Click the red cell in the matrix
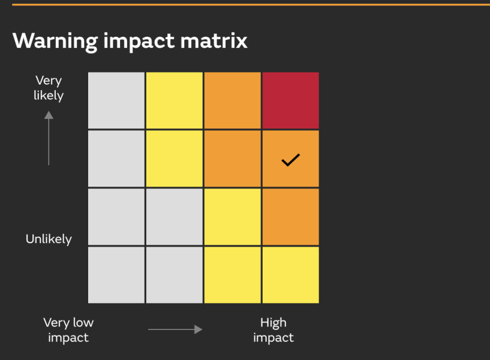click(291, 100)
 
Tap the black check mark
click(291, 160)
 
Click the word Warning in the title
click(55, 41)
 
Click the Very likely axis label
click(49, 88)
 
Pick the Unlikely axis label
click(49, 239)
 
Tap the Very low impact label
click(68, 330)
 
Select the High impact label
click(273, 330)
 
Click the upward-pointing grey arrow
click(49, 138)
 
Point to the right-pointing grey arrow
click(175, 329)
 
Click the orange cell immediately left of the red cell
click(233, 100)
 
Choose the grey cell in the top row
click(116, 100)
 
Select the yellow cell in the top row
click(175, 100)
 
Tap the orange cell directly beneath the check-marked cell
click(291, 217)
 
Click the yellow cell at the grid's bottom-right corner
click(291, 275)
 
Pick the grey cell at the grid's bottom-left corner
click(116, 275)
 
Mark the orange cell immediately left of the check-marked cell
click(233, 158)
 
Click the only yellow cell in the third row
click(233, 217)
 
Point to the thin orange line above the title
click(251, 5)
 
